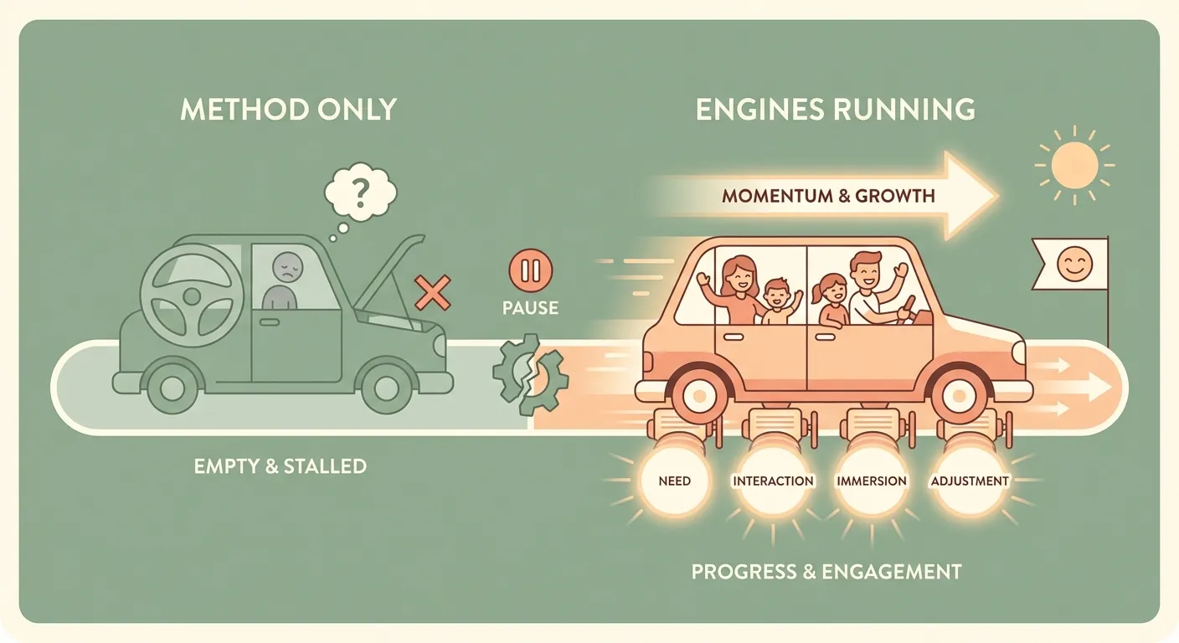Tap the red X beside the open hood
point(433,292)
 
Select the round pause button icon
point(531,270)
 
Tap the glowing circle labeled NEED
point(674,481)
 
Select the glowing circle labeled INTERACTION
point(773,481)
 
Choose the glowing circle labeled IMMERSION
point(871,481)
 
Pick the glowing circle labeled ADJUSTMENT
point(970,481)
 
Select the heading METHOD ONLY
point(288,109)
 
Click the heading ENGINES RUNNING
point(835,109)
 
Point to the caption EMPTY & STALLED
point(280,466)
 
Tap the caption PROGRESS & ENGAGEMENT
point(826,572)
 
